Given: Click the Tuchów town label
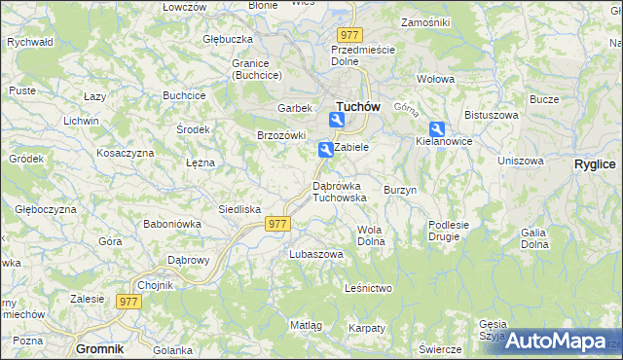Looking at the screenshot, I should tap(356, 106).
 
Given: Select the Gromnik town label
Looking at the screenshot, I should tap(102, 348).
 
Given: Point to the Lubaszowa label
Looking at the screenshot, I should tap(316, 254).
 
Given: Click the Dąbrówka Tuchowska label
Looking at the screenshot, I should tap(339, 191).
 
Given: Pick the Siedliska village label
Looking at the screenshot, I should tap(239, 209).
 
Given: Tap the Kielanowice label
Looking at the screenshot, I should tap(444, 141).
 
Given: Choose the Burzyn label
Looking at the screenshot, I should tap(400, 190).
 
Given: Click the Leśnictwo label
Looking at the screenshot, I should tap(369, 289).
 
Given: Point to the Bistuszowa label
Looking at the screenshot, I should tap(489, 115).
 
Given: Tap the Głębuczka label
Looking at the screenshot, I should tap(228, 39).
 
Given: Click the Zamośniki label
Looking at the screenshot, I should tap(424, 21).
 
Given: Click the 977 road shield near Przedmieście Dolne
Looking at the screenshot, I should tap(351, 35).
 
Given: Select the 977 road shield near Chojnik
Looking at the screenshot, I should tap(129, 302).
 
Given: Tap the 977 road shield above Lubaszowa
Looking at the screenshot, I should tap(277, 224).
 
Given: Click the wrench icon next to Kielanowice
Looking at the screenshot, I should tap(437, 128).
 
